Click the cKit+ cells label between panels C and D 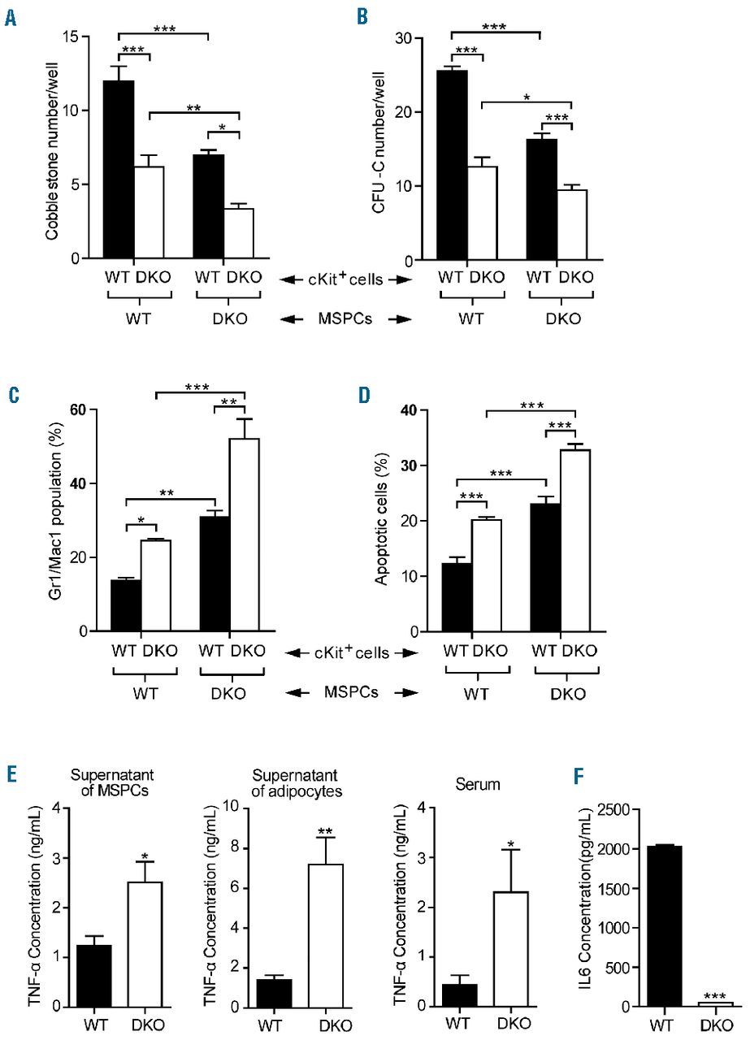click(350, 651)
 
